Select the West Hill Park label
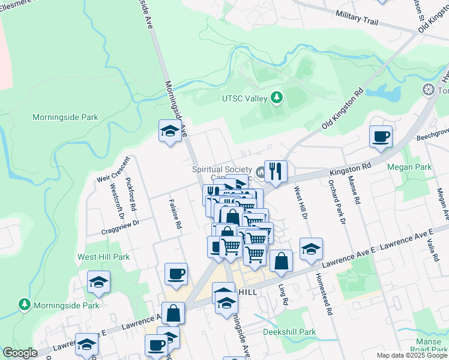[x=103, y=257]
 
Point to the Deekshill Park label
[x=289, y=332]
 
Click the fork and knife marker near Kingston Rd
[x=276, y=171]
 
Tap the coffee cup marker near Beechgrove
[x=381, y=136]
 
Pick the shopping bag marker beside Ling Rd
[x=281, y=260]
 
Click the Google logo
[x=20, y=353]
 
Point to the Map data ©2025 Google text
[x=412, y=355]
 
